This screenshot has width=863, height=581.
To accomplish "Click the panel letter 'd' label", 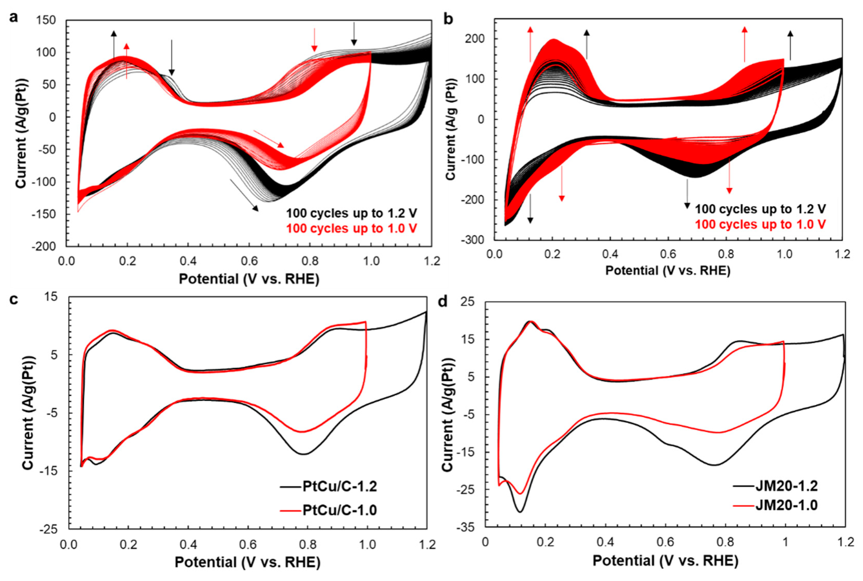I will click(x=443, y=302).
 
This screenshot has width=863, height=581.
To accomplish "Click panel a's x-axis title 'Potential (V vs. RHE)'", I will click(x=249, y=279).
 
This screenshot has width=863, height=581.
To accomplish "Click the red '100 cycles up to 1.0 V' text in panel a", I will click(x=351, y=228).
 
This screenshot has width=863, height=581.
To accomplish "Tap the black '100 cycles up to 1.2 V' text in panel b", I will click(x=760, y=209).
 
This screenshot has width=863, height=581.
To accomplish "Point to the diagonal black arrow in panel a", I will click(x=244, y=195).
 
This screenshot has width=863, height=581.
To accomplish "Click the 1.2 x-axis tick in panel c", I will click(x=427, y=545).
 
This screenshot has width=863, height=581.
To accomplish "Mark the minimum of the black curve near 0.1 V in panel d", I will click(x=520, y=512).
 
